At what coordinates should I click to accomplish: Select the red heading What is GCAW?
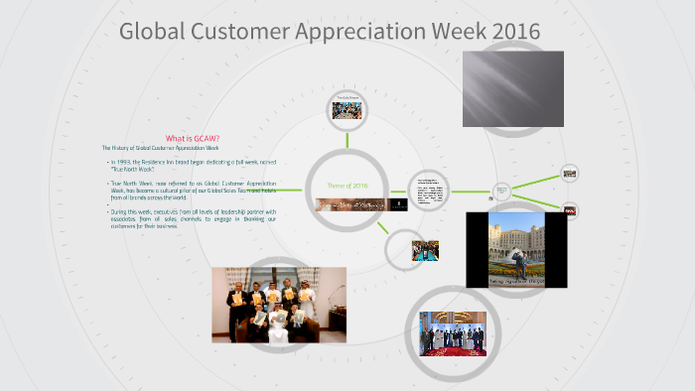[x=192, y=138]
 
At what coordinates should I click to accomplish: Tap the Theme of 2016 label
[x=347, y=186]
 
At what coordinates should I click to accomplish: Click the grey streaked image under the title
[x=513, y=87]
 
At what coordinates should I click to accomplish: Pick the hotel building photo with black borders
[x=515, y=248]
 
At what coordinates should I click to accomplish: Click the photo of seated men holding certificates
[x=279, y=304]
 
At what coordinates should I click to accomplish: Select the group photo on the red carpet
[x=452, y=334]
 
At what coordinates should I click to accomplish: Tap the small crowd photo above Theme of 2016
[x=347, y=107]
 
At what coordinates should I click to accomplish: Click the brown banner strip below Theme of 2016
[x=347, y=205]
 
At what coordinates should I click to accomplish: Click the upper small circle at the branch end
[x=570, y=173]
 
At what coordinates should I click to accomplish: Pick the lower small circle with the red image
[x=570, y=209]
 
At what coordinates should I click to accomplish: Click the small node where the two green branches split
[x=501, y=190]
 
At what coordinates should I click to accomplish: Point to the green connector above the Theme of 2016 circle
[x=347, y=134]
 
